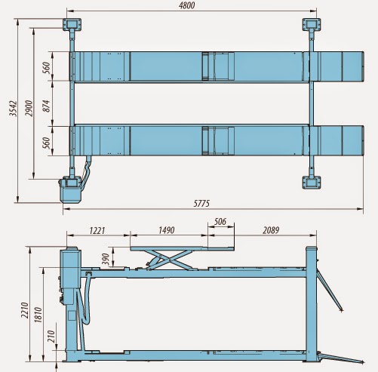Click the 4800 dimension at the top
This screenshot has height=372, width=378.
click(186, 5)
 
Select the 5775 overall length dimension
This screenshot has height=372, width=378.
click(201, 203)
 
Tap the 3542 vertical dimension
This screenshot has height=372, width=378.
click(13, 109)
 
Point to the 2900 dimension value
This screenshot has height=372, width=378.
click(29, 108)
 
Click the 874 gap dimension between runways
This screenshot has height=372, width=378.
click(47, 106)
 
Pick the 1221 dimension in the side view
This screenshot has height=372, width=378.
click(97, 230)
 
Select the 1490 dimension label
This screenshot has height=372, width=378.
click(167, 230)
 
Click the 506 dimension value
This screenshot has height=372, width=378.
click(220, 222)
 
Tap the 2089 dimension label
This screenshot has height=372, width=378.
click(271, 230)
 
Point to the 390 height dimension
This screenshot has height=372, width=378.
click(106, 260)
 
